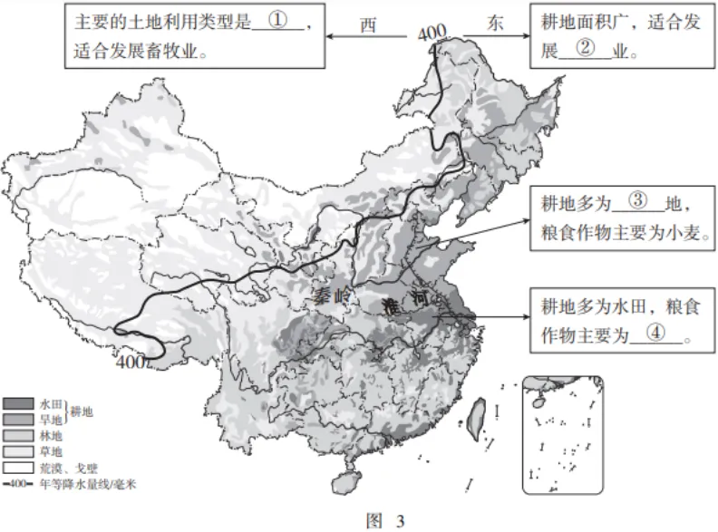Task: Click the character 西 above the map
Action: (x=367, y=25)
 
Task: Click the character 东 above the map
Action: (x=494, y=24)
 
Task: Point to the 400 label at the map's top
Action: (x=432, y=34)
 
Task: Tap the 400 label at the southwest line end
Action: (x=131, y=362)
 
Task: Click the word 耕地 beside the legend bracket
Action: (x=82, y=412)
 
